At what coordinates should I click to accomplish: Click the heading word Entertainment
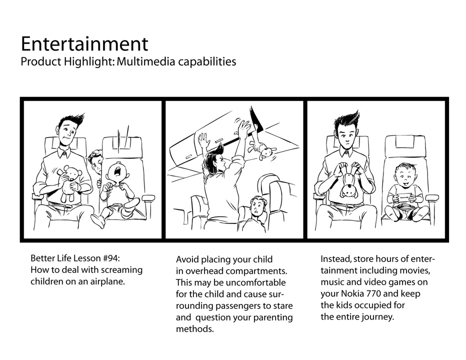(84, 44)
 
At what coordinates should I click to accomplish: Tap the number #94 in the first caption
(111, 258)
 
